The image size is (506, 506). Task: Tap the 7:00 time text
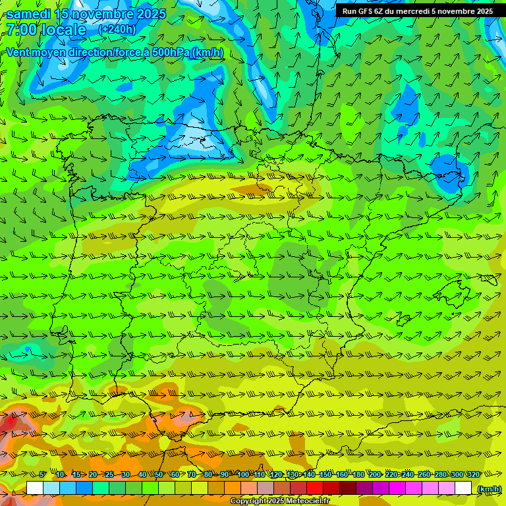(21, 30)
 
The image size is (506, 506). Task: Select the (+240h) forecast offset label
(117, 30)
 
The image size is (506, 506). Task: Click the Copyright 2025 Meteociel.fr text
(279, 501)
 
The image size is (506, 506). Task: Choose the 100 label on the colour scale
(243, 474)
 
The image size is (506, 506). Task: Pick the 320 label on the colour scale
(473, 474)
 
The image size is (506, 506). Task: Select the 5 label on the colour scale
(43, 474)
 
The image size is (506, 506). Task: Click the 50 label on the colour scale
(159, 474)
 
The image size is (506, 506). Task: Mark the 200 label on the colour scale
(375, 474)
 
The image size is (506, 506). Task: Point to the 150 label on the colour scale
(325, 474)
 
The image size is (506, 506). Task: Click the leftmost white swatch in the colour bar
(35, 488)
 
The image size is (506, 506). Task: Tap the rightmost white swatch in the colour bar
(463, 488)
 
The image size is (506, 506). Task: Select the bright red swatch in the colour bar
(315, 488)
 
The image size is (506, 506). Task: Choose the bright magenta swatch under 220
(397, 488)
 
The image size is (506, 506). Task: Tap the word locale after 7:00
(63, 30)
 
